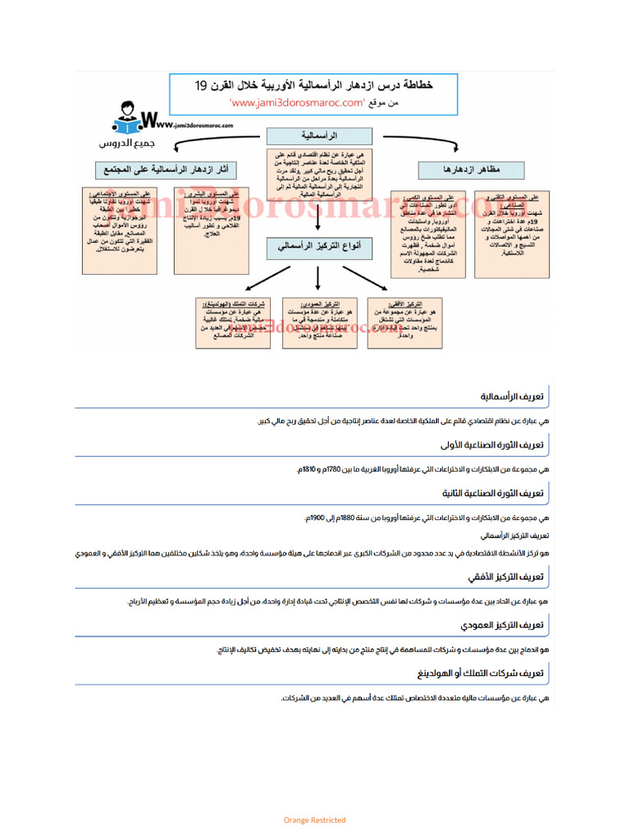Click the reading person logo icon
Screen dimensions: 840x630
[x=126, y=120]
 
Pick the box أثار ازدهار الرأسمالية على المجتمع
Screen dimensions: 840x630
[x=163, y=170]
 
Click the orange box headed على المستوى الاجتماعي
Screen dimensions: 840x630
[x=120, y=231]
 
